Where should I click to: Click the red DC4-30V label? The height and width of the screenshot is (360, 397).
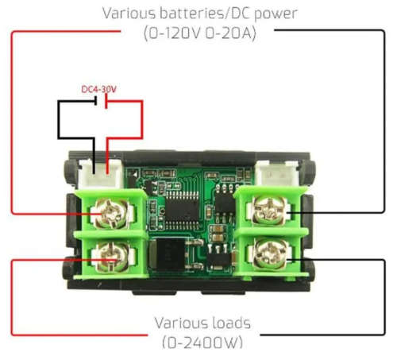pos(98,89)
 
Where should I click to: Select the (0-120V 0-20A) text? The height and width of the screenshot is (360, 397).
pos(200,33)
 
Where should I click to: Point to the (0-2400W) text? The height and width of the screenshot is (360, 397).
pos(202,343)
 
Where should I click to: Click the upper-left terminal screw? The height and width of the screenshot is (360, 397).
pos(111,214)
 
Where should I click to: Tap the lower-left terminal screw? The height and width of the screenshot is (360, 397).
pos(113,257)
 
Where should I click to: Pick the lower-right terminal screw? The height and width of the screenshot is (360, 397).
pos(271,254)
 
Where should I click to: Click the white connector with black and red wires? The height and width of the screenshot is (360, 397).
pos(101,173)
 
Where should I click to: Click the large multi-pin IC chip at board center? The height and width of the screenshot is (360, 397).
pos(182,210)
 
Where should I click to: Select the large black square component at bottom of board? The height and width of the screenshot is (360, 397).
pos(168,254)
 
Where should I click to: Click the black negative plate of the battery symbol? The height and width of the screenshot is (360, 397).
pos(96,101)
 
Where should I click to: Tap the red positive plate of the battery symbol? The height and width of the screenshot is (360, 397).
pos(106,102)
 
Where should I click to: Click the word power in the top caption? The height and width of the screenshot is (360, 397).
pos(276,14)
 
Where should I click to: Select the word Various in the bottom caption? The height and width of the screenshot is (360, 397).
pos(178,323)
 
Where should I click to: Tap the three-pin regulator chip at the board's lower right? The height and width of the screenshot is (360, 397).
pos(218,257)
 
